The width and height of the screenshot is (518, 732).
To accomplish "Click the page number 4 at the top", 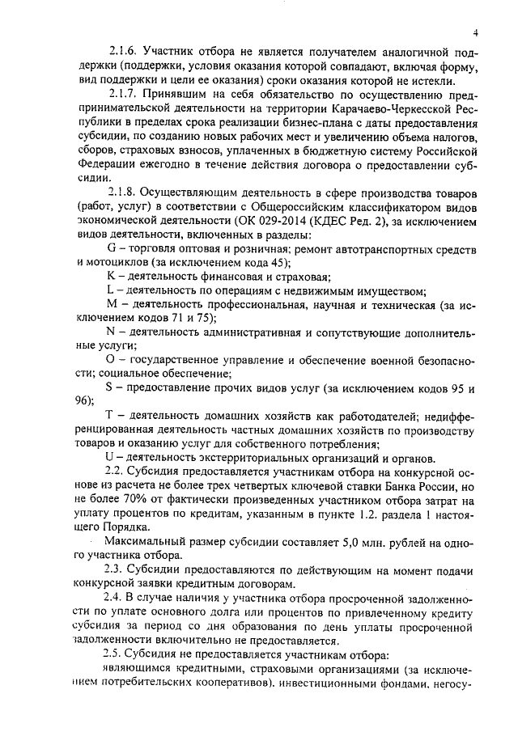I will click(477, 33).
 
